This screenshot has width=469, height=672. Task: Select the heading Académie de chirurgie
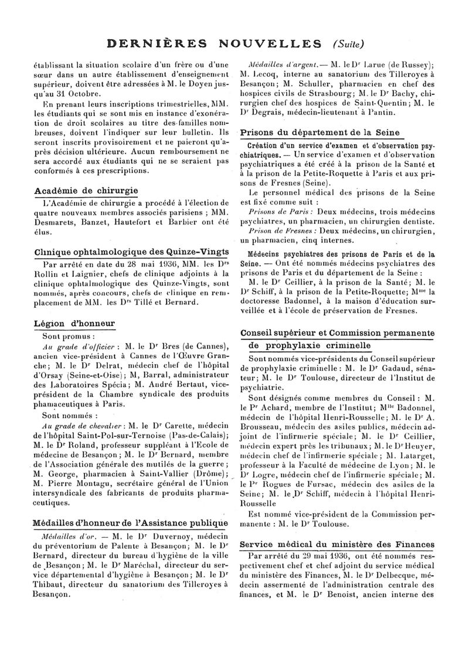tap(86, 191)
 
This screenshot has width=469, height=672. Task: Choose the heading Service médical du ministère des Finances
tap(337, 544)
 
